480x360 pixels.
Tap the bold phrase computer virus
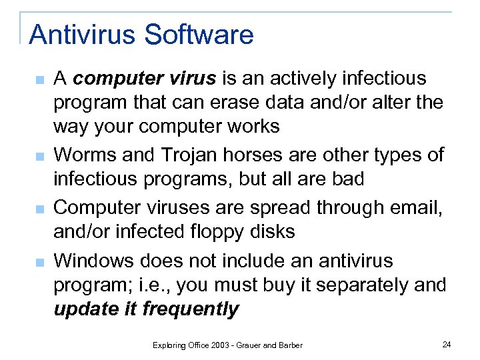pos(145,79)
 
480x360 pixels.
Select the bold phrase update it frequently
pos(146,309)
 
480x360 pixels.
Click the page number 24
pos(447,344)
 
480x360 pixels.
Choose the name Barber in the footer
pos(290,345)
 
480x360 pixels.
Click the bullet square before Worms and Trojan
pos(39,157)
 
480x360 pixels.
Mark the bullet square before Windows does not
pos(39,262)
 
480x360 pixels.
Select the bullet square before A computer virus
pos(39,81)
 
